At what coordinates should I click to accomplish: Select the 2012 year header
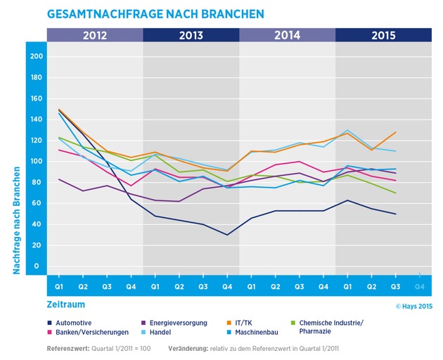click(x=94, y=35)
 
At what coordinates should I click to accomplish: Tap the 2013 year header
click(x=191, y=35)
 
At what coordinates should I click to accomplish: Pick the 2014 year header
click(x=287, y=35)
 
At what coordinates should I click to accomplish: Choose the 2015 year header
click(x=383, y=35)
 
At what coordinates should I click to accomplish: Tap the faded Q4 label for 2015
click(x=419, y=287)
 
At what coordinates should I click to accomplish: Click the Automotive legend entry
click(x=79, y=323)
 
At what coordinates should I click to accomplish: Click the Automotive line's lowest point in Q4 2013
click(x=227, y=235)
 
